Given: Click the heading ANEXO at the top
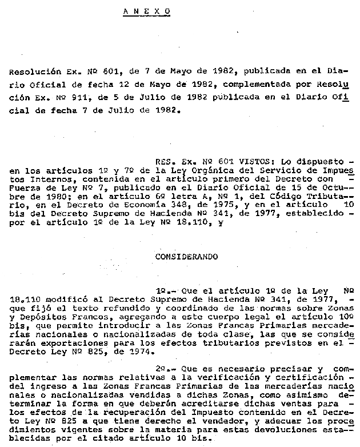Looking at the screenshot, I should click(x=147, y=11).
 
